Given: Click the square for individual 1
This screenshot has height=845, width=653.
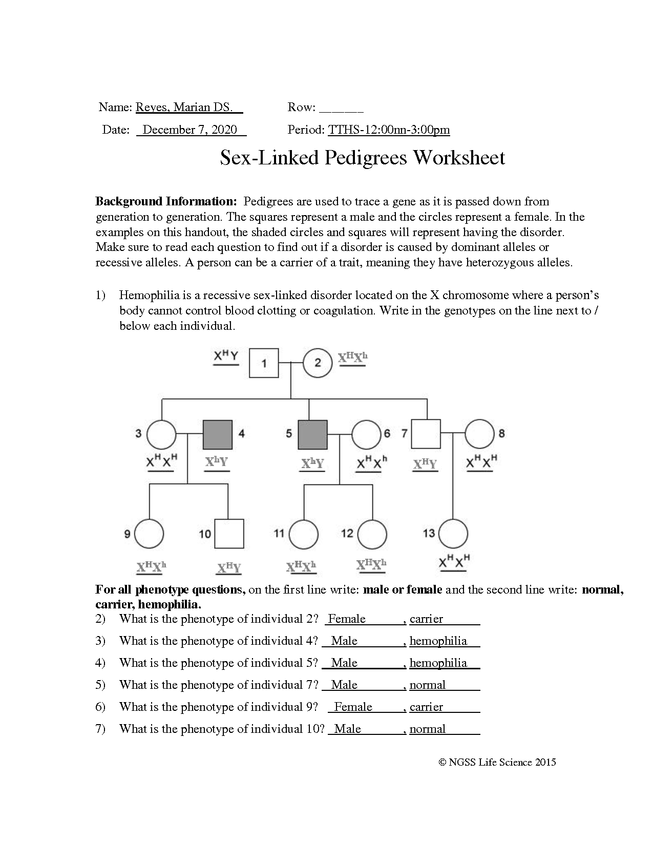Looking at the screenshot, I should pyautogui.click(x=264, y=363).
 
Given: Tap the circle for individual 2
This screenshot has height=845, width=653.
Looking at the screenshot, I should pyautogui.click(x=318, y=363).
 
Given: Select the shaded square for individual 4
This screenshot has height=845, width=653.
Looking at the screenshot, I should pyautogui.click(x=218, y=434).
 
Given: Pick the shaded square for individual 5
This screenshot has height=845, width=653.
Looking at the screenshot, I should pyautogui.click(x=312, y=434).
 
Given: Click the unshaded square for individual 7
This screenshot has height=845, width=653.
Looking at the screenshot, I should pyautogui.click(x=426, y=434).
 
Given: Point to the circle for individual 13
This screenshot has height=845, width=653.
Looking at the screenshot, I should pyautogui.click(x=453, y=534).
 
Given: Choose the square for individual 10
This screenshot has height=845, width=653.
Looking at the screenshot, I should pyautogui.click(x=229, y=534).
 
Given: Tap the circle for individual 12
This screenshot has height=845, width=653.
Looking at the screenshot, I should pyautogui.click(x=372, y=534).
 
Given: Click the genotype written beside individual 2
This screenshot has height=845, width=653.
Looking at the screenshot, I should pyautogui.click(x=353, y=358).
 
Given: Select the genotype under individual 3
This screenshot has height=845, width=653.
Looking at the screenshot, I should pyautogui.click(x=161, y=462).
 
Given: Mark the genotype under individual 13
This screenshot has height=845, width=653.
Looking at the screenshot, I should pyautogui.click(x=454, y=563).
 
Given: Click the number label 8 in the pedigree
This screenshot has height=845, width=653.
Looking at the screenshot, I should pyautogui.click(x=501, y=434).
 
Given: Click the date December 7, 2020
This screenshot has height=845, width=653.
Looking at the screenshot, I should pyautogui.click(x=190, y=130).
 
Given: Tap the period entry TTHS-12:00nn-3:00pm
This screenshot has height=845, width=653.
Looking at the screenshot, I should pyautogui.click(x=389, y=130).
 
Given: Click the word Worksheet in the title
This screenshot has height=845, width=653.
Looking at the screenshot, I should pyautogui.click(x=458, y=157).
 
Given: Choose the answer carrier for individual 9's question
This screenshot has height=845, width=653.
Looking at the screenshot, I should pyautogui.click(x=426, y=707).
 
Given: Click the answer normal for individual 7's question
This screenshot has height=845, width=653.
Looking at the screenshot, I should pyautogui.click(x=428, y=685).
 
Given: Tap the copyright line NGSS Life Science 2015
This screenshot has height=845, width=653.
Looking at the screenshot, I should pyautogui.click(x=497, y=762).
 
